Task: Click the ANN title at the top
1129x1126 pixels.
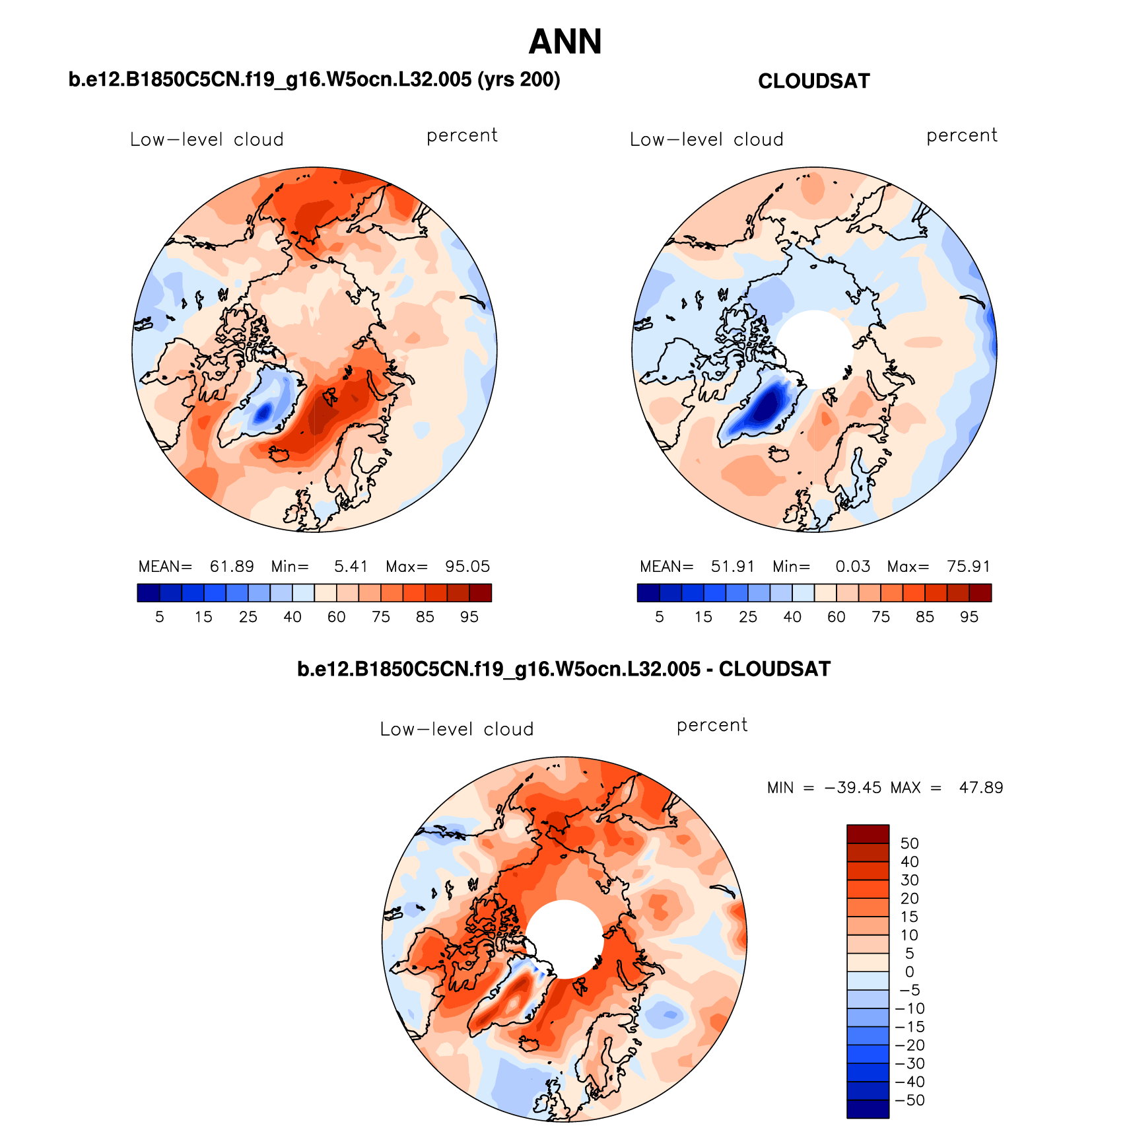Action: (x=565, y=42)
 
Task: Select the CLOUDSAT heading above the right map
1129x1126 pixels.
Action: (x=813, y=81)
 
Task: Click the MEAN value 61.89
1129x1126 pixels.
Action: (x=232, y=567)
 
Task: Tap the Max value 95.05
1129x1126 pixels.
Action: (x=467, y=567)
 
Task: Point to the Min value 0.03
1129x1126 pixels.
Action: (x=852, y=567)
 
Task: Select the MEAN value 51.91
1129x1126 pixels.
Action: (x=733, y=567)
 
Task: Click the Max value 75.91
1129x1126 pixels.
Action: (x=969, y=567)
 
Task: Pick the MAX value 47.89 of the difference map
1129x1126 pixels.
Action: (x=981, y=788)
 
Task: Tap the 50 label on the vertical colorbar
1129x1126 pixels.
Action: (x=909, y=843)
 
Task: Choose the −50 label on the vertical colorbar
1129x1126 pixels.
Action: (x=910, y=1100)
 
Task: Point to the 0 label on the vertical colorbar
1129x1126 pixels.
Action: (x=909, y=972)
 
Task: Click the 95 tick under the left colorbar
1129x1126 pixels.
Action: (x=469, y=617)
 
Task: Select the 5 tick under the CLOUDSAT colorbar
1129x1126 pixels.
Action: (x=659, y=617)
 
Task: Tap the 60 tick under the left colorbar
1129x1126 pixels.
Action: (x=336, y=617)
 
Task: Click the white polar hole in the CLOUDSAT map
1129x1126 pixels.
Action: (x=814, y=348)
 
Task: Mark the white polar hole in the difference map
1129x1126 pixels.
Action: (x=564, y=938)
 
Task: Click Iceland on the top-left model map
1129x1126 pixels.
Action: (x=280, y=454)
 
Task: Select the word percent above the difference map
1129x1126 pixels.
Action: (x=712, y=726)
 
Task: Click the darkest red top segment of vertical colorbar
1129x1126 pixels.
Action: (x=868, y=833)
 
